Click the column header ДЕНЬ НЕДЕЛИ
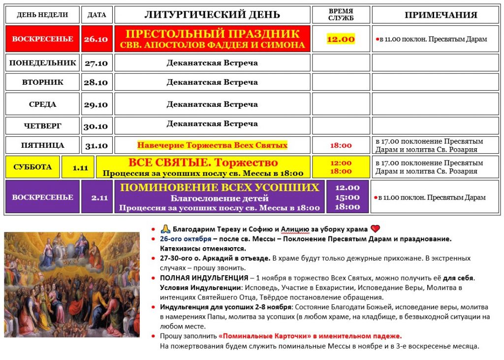(x=42, y=15)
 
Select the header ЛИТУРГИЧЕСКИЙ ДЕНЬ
(x=212, y=15)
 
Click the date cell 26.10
(x=96, y=39)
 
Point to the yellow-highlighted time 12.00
(x=341, y=39)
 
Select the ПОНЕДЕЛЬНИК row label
(x=43, y=63)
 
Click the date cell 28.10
(x=96, y=82)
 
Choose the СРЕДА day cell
(x=43, y=104)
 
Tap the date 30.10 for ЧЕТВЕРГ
(x=96, y=127)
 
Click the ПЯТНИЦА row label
(x=43, y=145)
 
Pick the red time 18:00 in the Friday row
(x=341, y=145)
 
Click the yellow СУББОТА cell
(x=32, y=167)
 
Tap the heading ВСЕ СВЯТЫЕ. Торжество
(x=203, y=163)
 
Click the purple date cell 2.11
(x=96, y=197)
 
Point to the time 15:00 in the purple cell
(x=347, y=197)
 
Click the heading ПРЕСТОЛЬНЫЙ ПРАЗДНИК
(x=212, y=34)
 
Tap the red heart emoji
(x=376, y=229)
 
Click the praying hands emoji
(x=165, y=229)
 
